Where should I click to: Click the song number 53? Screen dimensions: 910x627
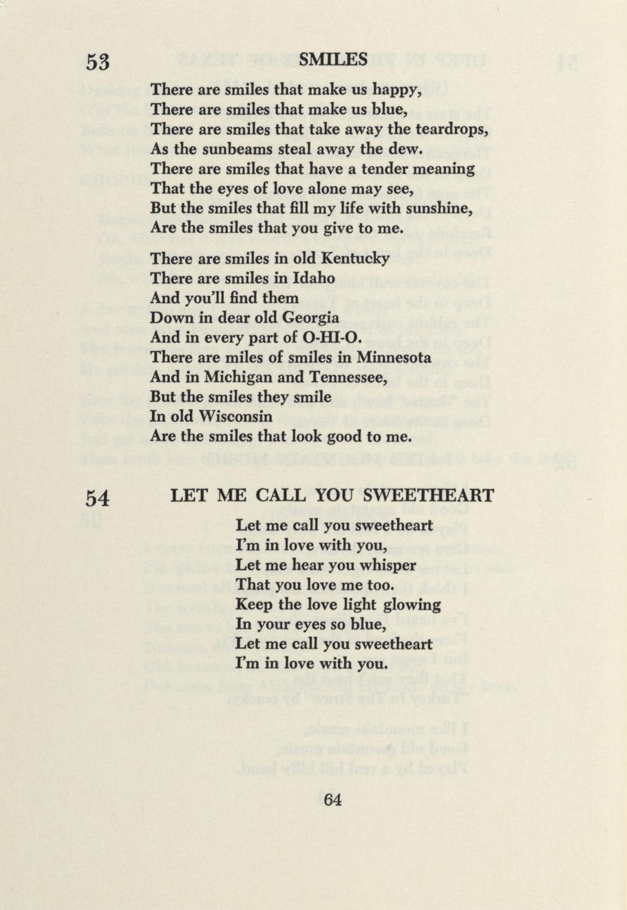tap(98, 62)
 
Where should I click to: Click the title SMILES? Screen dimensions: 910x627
tap(333, 59)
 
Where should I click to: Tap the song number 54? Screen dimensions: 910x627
tap(98, 498)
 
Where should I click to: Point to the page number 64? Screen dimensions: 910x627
tap(332, 800)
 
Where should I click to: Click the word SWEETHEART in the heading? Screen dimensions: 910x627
tap(432, 495)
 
